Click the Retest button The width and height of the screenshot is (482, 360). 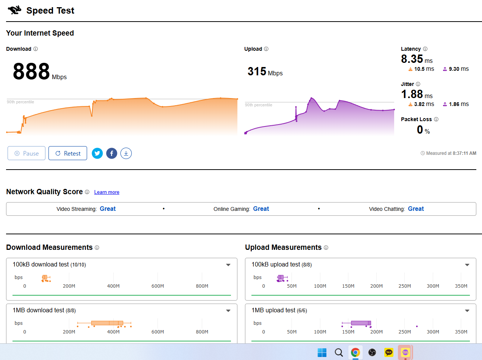(68, 153)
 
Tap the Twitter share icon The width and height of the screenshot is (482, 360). (97, 153)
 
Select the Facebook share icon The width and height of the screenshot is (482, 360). (112, 153)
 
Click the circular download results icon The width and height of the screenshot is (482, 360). (126, 153)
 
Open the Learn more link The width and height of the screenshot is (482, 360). (107, 192)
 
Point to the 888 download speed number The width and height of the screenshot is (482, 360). (31, 71)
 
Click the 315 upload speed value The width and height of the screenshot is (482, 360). (257, 71)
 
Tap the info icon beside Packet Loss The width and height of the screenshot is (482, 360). (436, 119)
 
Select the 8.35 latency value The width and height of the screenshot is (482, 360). (412, 59)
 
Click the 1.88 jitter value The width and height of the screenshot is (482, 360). (412, 94)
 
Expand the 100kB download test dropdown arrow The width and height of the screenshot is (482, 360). (228, 265)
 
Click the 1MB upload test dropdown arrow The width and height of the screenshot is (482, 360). (467, 311)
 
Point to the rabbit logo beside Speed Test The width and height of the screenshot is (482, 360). (14, 10)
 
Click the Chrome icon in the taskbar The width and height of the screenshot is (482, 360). (355, 352)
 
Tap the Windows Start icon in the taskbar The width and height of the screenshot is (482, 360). (322, 352)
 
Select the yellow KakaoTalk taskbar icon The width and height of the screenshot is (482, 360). (389, 352)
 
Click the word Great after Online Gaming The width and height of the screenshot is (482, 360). (261, 209)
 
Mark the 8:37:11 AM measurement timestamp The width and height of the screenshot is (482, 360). (465, 153)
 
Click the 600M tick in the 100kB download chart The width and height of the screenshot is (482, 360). (158, 286)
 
